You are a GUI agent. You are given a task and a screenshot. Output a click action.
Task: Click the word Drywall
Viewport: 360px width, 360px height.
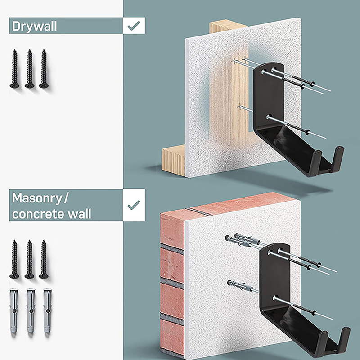click(35, 26)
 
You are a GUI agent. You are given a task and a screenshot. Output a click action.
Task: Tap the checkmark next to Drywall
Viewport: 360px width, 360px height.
click(134, 26)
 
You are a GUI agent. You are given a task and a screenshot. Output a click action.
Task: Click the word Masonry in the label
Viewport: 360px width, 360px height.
click(37, 198)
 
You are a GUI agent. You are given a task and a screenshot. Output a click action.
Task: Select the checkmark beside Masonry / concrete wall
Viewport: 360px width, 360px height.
click(134, 205)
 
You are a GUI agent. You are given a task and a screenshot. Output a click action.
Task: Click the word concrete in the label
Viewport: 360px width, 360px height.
click(38, 214)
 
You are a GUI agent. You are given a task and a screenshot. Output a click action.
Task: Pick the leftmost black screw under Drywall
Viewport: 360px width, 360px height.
click(15, 69)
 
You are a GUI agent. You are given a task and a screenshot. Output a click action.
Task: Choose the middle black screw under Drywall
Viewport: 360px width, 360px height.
click(29, 69)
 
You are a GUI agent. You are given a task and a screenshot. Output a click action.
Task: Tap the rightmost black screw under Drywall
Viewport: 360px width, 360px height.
click(44, 69)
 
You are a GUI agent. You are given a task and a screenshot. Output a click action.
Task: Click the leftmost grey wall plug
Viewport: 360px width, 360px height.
click(14, 311)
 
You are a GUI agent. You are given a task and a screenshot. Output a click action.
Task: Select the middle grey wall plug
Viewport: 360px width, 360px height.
click(31, 311)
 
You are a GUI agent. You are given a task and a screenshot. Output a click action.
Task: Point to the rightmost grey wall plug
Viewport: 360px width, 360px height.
click(47, 311)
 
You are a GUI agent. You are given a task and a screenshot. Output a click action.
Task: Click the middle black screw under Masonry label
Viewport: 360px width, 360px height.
click(29, 260)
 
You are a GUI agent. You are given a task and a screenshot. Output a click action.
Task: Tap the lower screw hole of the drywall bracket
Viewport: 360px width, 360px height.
click(269, 117)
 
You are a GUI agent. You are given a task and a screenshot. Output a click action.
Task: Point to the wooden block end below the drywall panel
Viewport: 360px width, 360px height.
click(173, 161)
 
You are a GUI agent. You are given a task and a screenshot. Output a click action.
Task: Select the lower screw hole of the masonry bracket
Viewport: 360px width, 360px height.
click(275, 298)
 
